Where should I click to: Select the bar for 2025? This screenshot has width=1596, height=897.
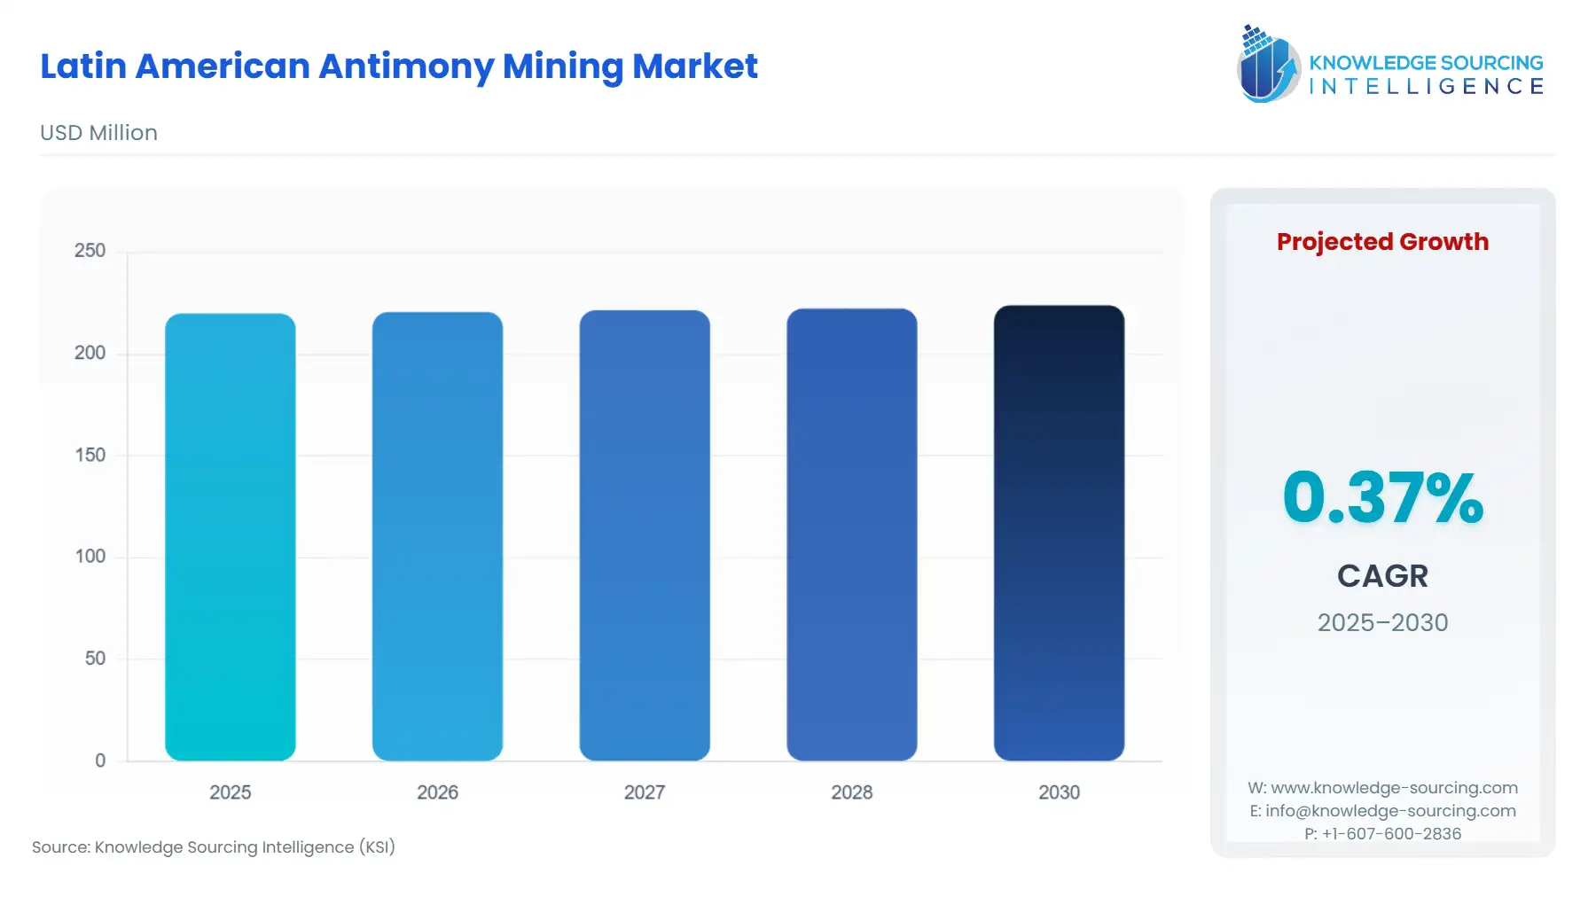click(231, 537)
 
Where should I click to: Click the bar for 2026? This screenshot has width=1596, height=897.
click(437, 536)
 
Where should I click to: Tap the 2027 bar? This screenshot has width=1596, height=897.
click(645, 535)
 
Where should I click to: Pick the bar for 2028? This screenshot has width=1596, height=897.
click(852, 534)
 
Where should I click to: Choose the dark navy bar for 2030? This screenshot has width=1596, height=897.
click(1059, 533)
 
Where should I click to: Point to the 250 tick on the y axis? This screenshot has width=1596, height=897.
click(90, 251)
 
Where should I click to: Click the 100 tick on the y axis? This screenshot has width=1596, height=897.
click(90, 557)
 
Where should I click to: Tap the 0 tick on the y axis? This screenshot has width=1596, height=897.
click(100, 760)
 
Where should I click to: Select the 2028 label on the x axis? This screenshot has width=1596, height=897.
click(852, 792)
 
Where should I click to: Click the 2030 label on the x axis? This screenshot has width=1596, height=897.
click(1059, 792)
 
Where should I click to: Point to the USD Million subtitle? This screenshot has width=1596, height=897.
click(98, 133)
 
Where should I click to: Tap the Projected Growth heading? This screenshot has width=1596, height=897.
click(1382, 242)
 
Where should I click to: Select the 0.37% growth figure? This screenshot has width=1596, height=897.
click(1382, 497)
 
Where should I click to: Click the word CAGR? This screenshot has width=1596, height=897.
click(1382, 576)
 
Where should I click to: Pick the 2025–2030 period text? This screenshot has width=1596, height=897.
click(1382, 623)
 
